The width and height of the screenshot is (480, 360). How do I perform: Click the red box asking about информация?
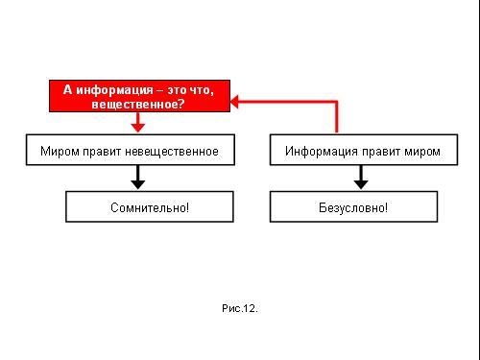pyautogui.click(x=139, y=96)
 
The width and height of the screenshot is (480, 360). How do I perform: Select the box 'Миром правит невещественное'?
pyautogui.click(x=131, y=150)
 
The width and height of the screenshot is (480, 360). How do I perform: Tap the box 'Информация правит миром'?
pyautogui.click(x=364, y=150)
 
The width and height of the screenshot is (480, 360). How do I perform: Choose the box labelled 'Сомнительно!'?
pyautogui.click(x=150, y=206)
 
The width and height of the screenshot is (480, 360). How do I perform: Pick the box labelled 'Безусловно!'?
pyautogui.click(x=353, y=206)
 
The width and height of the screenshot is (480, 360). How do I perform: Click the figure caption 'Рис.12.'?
pyautogui.click(x=240, y=308)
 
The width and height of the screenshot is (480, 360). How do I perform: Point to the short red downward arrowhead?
pyautogui.click(x=138, y=128)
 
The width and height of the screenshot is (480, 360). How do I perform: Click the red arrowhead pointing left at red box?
pyautogui.click(x=234, y=102)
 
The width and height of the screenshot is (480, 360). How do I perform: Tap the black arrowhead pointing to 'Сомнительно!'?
pyautogui.click(x=138, y=184)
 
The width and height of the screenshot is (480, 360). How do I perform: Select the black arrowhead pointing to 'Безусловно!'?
pyautogui.click(x=361, y=184)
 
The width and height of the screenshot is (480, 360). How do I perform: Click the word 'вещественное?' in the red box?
pyautogui.click(x=138, y=104)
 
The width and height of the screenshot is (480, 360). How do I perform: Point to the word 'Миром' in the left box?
pyautogui.click(x=60, y=151)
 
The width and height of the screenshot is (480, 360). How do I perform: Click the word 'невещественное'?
pyautogui.click(x=172, y=151)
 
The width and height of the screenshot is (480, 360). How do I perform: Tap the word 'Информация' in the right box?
pyautogui.click(x=322, y=151)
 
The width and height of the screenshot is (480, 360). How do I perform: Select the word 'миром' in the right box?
pyautogui.click(x=422, y=152)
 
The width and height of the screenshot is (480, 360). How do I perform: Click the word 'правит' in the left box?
pyautogui.click(x=102, y=152)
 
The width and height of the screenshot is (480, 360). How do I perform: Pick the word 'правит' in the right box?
pyautogui.click(x=381, y=152)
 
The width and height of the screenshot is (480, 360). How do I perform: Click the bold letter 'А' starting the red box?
pyautogui.click(x=67, y=89)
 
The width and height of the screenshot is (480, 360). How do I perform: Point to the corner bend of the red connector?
pyautogui.click(x=336, y=102)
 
